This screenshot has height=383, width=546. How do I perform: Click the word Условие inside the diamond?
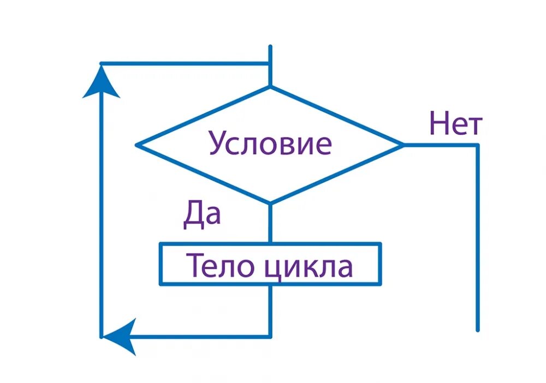tap(270, 144)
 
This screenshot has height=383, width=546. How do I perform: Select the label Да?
tap(201, 214)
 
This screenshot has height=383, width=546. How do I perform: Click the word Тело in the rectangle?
tap(215, 266)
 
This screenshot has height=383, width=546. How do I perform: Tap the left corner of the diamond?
tap(136, 145)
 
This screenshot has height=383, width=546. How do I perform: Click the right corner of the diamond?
tap(403, 145)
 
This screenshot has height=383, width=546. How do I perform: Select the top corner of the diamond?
tap(270, 87)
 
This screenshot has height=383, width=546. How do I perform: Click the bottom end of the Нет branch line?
tap(478, 330)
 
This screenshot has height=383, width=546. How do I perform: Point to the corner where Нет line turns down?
tap(478, 145)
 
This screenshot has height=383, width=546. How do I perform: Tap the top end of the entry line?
tap(270, 47)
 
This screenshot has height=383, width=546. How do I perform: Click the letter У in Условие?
tap(217, 145)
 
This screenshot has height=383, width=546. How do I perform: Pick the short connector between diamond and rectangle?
tap(270, 223)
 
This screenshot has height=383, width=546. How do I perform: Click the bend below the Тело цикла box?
tap(270, 336)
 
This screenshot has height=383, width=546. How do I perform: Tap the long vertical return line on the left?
tap(101, 218)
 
